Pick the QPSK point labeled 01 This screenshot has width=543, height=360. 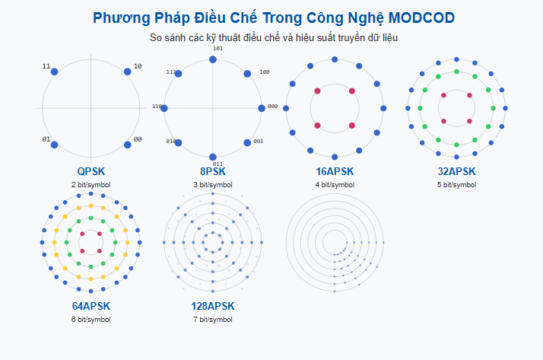(x=54, y=145)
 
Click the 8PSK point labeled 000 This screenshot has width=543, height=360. (x=262, y=108)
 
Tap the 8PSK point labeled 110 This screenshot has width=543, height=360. (x=164, y=108)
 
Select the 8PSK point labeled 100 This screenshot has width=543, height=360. (x=247, y=74)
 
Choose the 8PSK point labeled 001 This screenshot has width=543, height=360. (x=247, y=142)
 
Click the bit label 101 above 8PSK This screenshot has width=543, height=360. (x=218, y=49)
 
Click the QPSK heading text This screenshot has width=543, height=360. (x=91, y=172)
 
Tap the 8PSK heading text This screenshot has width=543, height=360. (x=213, y=172)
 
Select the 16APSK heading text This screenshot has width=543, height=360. (x=335, y=172)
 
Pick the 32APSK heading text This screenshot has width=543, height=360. (x=456, y=172)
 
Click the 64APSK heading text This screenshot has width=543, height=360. (x=91, y=306)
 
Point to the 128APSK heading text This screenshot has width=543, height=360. (x=213, y=306)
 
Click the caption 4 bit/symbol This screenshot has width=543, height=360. (x=335, y=185)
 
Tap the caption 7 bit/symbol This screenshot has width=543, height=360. (x=213, y=320)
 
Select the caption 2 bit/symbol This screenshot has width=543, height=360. (x=91, y=185)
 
